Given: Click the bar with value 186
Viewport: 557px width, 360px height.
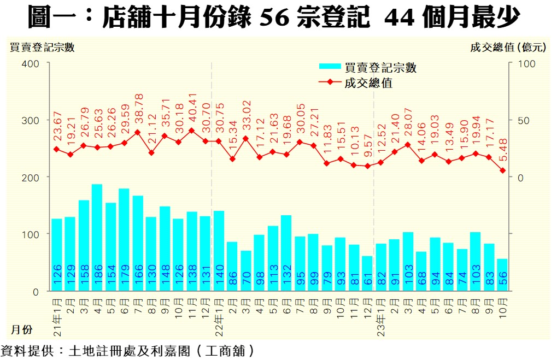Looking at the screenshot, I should pos(97,238).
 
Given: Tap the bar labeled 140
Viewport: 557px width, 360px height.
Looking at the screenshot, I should pos(219,251).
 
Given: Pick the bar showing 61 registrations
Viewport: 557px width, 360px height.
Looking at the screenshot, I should pos(368,273).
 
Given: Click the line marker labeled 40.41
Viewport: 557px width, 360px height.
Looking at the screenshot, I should pos(192,131).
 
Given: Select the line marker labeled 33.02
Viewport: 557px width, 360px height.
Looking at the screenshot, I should pos(246,138).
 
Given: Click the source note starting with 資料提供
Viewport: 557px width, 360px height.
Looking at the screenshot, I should pos(128,350).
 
